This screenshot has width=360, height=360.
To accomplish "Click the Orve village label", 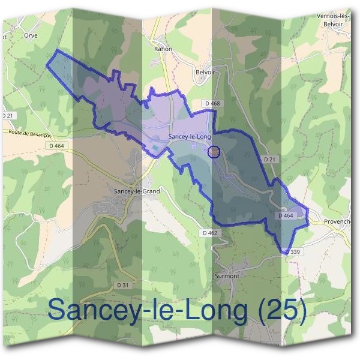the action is point(31,35).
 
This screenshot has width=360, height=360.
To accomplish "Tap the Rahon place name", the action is point(163,49).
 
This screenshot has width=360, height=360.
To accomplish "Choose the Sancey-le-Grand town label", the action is point(137,191).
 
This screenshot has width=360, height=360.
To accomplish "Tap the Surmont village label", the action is point(227,277).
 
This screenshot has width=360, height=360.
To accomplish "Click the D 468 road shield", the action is point(211,104).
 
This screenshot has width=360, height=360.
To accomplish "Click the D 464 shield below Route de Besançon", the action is point(56,146).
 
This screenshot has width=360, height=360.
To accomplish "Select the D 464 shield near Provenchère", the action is point(286,215).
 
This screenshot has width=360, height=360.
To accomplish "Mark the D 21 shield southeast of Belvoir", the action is point(269,160).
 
